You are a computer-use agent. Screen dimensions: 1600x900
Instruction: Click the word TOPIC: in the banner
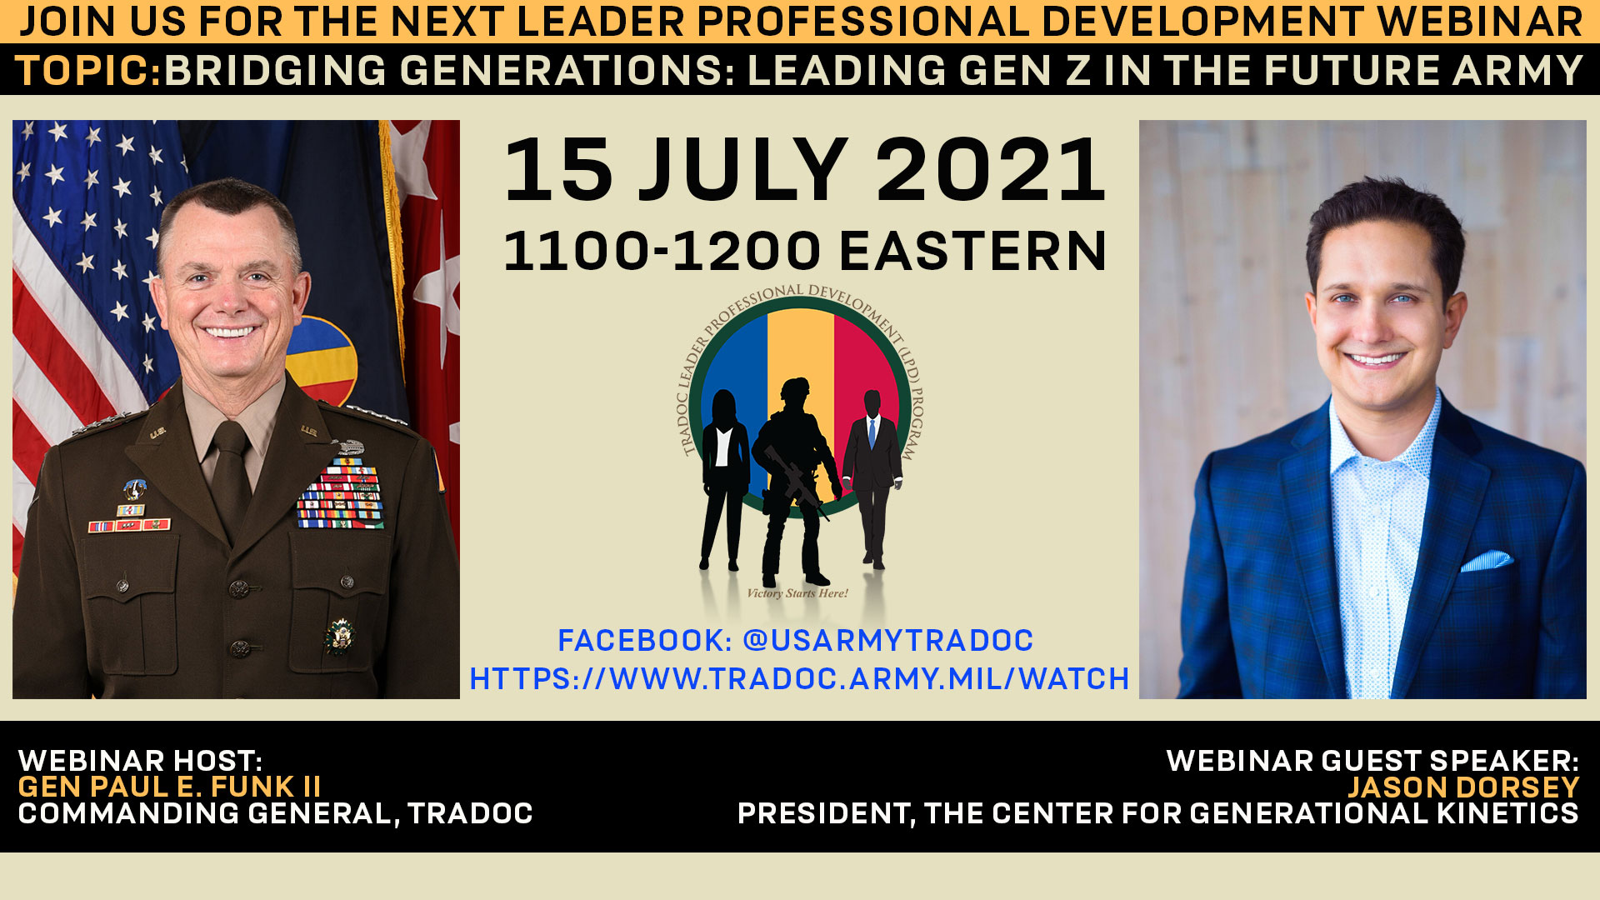click(88, 71)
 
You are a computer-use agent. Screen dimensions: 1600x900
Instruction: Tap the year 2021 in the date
click(991, 171)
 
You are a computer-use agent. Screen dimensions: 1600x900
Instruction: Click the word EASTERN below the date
click(972, 252)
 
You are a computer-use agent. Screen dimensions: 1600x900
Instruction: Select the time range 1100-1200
click(663, 252)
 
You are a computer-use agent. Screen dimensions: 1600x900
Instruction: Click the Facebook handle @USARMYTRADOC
click(888, 641)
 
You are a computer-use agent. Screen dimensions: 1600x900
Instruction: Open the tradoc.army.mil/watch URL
click(799, 679)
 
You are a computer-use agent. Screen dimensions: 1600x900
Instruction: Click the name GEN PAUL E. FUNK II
click(170, 787)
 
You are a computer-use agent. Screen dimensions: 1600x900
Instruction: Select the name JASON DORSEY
click(1463, 787)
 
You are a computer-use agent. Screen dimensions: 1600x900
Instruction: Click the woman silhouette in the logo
click(723, 479)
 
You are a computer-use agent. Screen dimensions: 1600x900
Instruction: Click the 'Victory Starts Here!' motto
click(797, 593)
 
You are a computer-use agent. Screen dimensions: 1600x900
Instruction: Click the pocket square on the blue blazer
click(1487, 560)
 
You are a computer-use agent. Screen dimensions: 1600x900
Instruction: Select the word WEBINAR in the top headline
click(1480, 22)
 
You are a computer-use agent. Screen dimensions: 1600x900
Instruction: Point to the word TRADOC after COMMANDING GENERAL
click(470, 813)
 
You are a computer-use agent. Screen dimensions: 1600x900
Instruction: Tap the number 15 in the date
click(558, 171)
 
